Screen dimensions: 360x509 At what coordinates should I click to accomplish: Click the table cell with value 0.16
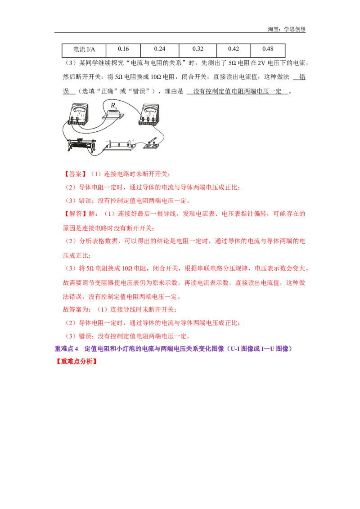(x=123, y=49)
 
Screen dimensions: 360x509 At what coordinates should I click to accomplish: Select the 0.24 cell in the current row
(x=160, y=49)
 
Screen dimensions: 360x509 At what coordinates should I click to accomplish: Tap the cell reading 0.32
(x=198, y=49)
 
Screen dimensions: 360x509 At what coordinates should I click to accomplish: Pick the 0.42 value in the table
(x=233, y=49)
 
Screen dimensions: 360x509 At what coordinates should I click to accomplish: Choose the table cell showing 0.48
(x=268, y=49)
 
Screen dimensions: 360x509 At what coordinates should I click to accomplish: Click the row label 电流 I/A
(x=84, y=49)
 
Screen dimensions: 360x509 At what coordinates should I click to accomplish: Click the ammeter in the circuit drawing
(x=149, y=115)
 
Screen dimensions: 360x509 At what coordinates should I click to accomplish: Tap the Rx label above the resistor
(x=114, y=106)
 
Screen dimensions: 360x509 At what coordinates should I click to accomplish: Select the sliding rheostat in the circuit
(x=81, y=145)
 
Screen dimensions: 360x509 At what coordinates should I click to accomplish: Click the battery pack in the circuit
(x=119, y=145)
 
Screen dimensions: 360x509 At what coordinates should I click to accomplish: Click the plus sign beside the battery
(x=133, y=140)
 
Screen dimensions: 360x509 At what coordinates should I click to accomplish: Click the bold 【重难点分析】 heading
(x=76, y=362)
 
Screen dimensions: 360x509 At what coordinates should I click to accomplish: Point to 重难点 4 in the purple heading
(x=66, y=348)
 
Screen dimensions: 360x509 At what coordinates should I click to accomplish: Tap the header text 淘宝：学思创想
(x=287, y=29)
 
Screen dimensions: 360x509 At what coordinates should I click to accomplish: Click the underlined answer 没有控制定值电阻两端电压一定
(x=237, y=91)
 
